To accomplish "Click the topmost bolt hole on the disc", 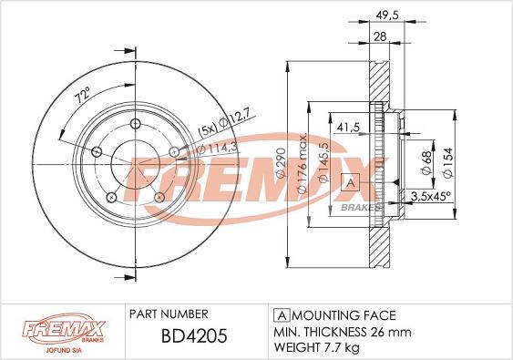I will pyautogui.click(x=137, y=127).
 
